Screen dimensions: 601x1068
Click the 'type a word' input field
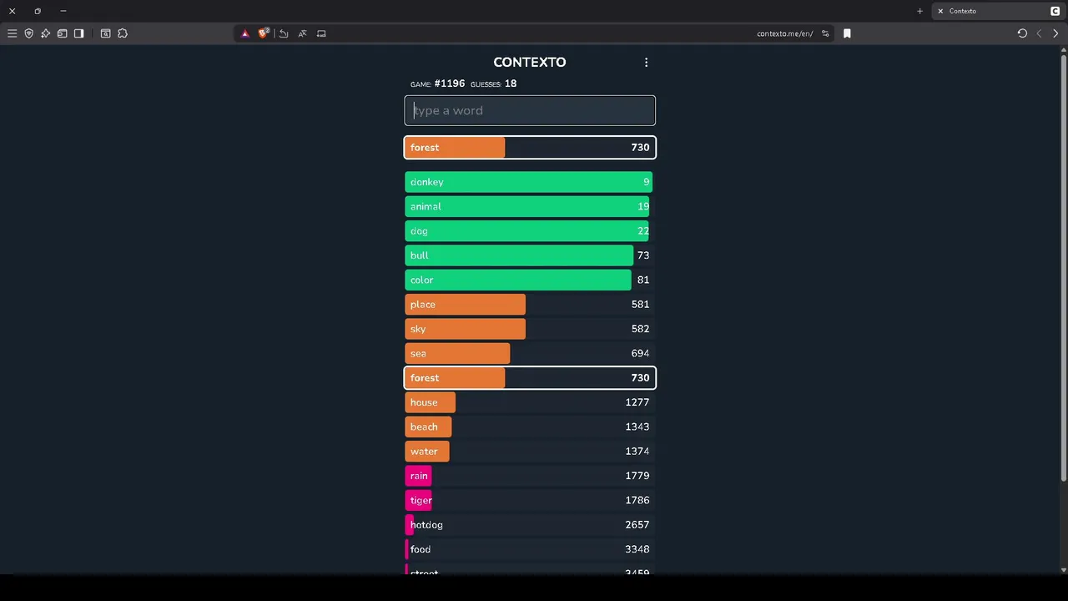pyautogui.click(x=530, y=110)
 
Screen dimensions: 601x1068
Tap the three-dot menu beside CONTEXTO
pyautogui.click(x=646, y=63)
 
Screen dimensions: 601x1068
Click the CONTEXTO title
pyautogui.click(x=529, y=62)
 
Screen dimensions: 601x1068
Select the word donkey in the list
pyautogui.click(x=426, y=182)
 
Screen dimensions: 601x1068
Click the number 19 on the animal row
pyautogui.click(x=642, y=206)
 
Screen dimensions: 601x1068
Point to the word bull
pyautogui.click(x=419, y=255)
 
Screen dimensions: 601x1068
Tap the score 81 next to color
pyautogui.click(x=642, y=280)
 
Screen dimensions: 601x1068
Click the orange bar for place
pyautogui.click(x=465, y=305)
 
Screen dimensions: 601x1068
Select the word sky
pyautogui.click(x=418, y=329)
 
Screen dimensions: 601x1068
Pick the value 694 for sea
pyautogui.click(x=640, y=353)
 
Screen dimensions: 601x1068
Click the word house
pyautogui.click(x=424, y=402)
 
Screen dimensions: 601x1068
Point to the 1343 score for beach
pyautogui.click(x=637, y=427)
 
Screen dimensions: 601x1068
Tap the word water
pyautogui.click(x=424, y=452)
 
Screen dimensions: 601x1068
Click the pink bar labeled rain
pyautogui.click(x=418, y=476)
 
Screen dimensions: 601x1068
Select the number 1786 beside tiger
pyautogui.click(x=637, y=500)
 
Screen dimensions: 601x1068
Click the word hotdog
pyautogui.click(x=426, y=525)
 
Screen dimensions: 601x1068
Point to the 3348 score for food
pyautogui.click(x=637, y=549)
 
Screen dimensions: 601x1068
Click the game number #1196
pyautogui.click(x=449, y=83)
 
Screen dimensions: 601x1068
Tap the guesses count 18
pyautogui.click(x=510, y=83)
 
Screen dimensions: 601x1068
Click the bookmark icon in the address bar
pyautogui.click(x=847, y=33)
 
